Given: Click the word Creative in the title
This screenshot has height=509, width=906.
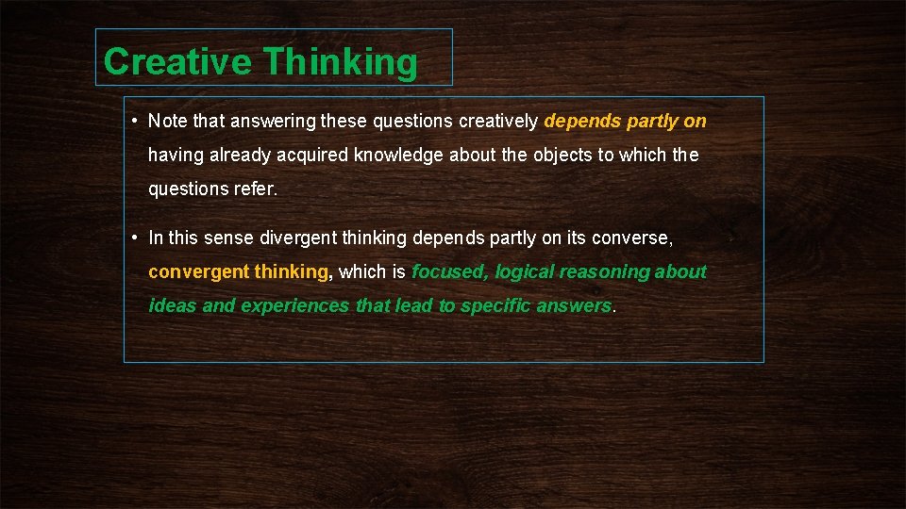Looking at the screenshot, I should [177, 62].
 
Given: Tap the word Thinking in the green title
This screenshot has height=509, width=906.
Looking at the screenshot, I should [340, 62].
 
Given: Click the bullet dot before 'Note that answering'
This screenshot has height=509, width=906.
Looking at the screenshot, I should [136, 121].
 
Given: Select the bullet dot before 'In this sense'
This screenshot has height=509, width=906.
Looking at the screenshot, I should [136, 238].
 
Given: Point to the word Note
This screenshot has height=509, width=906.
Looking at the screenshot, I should [168, 122].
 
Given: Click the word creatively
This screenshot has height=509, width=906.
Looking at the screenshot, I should [498, 122].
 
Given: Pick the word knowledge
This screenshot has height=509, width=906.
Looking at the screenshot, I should [398, 156].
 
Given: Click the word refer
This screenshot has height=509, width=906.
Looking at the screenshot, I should [255, 189].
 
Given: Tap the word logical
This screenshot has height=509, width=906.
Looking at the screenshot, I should [525, 272].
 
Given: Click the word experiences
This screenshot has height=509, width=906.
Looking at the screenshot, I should [295, 306].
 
